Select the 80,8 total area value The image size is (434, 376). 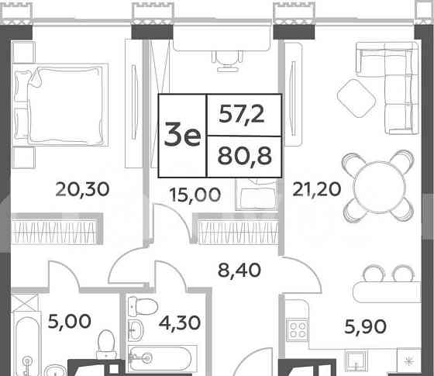(x=243, y=156)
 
